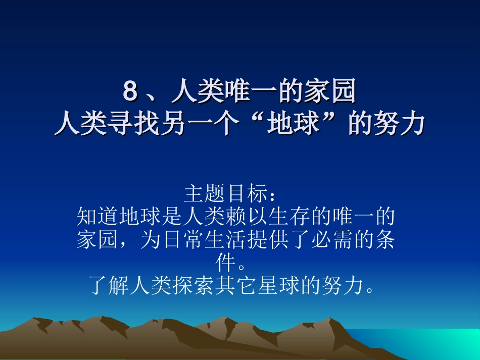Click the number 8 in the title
(130, 92)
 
